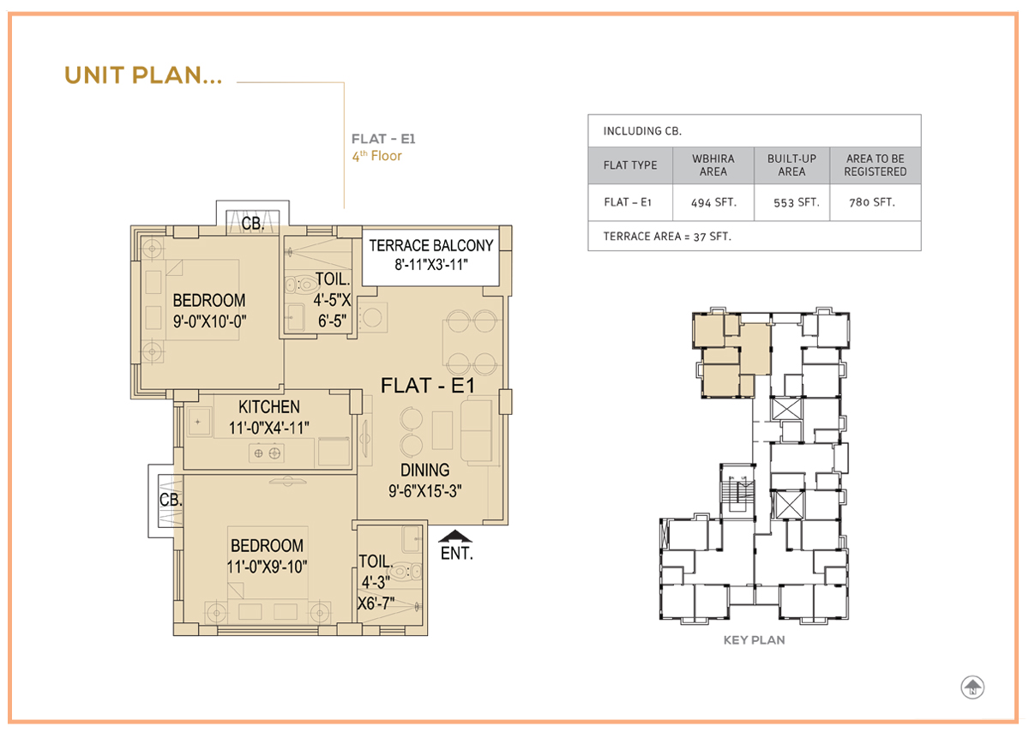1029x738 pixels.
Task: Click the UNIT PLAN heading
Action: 143,75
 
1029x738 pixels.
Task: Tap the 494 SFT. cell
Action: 713,202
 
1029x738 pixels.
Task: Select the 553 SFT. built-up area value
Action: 796,202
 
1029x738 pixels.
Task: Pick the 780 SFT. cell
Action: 872,202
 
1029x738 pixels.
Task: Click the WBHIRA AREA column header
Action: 713,165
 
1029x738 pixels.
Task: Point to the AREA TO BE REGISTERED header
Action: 876,165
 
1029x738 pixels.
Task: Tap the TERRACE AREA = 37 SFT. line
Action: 667,237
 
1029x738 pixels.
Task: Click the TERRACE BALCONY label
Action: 430,246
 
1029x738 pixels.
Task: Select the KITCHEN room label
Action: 269,407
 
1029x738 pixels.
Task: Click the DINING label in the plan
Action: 425,471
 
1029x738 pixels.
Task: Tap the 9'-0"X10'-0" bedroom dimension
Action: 209,321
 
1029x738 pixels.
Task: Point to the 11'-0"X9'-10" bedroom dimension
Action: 267,567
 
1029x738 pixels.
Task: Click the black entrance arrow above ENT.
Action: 454,536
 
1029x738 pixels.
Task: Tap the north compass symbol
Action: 972,687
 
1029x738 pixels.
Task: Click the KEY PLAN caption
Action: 755,640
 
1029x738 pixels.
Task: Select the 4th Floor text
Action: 376,156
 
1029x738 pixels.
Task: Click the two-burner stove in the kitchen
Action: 267,453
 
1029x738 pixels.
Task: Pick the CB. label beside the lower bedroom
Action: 171,500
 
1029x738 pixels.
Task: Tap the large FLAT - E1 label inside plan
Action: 428,386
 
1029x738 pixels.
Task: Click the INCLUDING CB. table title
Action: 642,131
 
